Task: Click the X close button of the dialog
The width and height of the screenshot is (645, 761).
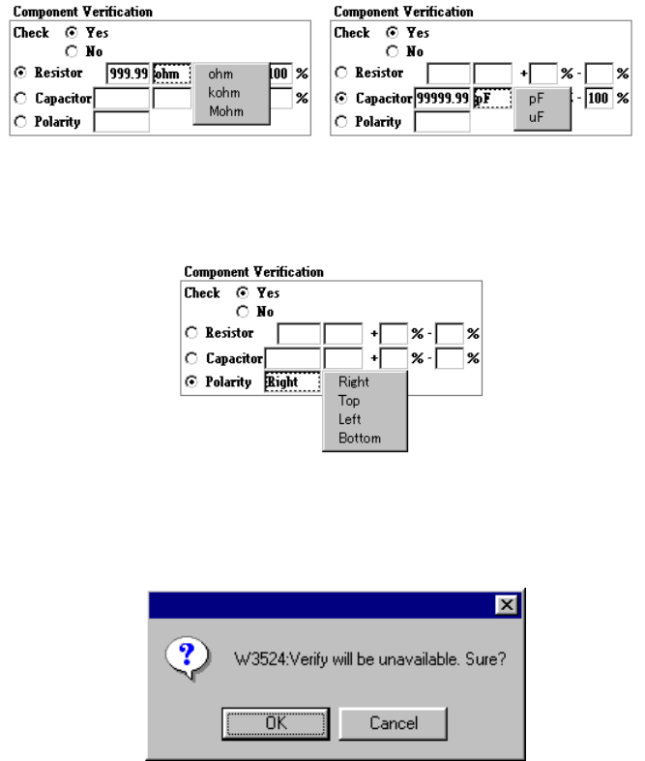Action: [505, 604]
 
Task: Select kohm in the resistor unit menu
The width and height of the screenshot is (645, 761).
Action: [223, 93]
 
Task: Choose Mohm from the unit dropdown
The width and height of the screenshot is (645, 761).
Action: [226, 111]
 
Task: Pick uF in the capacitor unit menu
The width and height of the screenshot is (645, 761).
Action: [537, 116]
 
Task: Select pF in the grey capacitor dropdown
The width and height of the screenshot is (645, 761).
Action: [537, 99]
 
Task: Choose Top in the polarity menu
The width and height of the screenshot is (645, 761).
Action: [349, 401]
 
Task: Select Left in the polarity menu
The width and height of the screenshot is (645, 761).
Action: [349, 419]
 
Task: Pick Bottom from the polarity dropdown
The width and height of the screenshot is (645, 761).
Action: [360, 438]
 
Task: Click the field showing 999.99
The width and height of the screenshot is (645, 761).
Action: [127, 74]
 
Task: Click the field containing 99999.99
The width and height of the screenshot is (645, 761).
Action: [443, 99]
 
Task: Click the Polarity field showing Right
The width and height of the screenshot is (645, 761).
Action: [292, 382]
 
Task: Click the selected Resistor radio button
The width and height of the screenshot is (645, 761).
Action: [18, 73]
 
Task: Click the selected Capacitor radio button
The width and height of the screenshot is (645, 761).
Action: [339, 98]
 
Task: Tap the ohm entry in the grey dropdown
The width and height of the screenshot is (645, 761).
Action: [220, 75]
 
